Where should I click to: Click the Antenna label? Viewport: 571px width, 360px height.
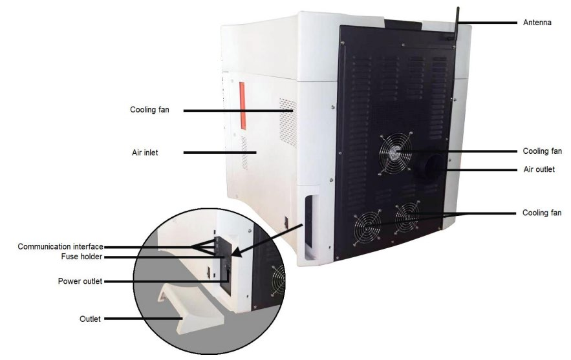[537, 23]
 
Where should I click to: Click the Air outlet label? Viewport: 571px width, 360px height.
[538, 170]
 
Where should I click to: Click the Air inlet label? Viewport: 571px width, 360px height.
[145, 153]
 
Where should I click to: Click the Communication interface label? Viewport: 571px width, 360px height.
[61, 246]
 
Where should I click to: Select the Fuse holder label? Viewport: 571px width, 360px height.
[82, 257]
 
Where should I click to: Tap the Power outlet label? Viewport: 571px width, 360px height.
[80, 281]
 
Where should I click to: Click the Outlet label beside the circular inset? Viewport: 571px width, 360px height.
[90, 319]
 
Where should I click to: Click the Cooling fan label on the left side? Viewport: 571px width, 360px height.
[149, 110]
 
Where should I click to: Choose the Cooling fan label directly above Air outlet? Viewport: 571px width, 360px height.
[542, 151]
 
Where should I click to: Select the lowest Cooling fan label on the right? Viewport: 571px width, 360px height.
[542, 213]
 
